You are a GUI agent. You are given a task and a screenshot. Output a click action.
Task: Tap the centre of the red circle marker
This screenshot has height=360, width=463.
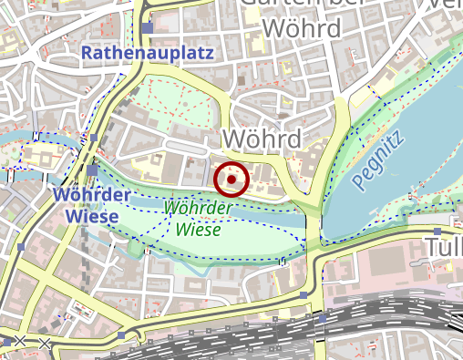pyautogui.click(x=231, y=180)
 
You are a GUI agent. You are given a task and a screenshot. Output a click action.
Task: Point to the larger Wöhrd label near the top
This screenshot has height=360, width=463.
pyautogui.click(x=302, y=28)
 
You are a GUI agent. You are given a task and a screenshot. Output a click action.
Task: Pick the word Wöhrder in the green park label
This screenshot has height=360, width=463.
pyautogui.click(x=198, y=209)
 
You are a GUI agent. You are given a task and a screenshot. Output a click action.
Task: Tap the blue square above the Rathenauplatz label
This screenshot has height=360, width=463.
pyautogui.click(x=147, y=28)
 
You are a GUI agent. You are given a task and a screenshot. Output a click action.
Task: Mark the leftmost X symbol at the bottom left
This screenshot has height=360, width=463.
pyautogui.click(x=19, y=342)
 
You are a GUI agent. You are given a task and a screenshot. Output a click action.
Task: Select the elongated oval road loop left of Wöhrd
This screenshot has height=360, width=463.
pyautogui.click(x=197, y=145)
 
